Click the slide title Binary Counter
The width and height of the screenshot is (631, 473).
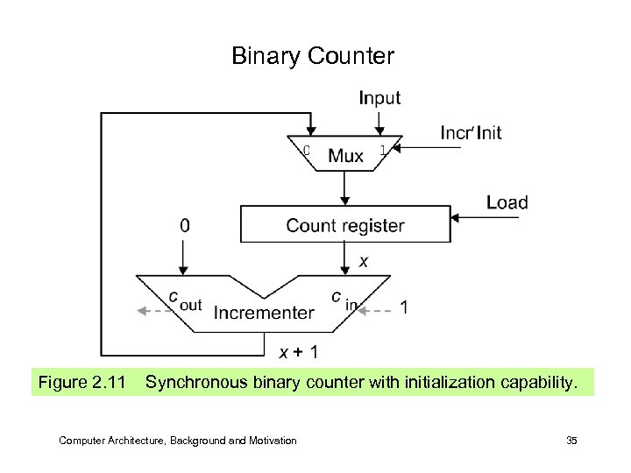[313, 57]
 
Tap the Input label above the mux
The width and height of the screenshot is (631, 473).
[379, 99]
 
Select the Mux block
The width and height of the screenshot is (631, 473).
[345, 155]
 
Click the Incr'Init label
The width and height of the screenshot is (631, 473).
[471, 133]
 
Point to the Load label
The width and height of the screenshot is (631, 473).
[507, 202]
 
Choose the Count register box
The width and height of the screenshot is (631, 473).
[344, 225]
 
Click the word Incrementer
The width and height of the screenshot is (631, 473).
[264, 312]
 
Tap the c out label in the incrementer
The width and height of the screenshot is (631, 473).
[184, 300]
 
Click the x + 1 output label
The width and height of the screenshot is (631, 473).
[298, 352]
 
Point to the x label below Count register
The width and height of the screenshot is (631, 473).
[364, 261]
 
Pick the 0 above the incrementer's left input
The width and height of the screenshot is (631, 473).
[183, 225]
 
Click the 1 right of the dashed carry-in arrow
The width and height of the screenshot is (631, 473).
[403, 307]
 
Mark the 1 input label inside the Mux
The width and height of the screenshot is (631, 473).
[382, 150]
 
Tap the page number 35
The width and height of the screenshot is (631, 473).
[571, 441]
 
